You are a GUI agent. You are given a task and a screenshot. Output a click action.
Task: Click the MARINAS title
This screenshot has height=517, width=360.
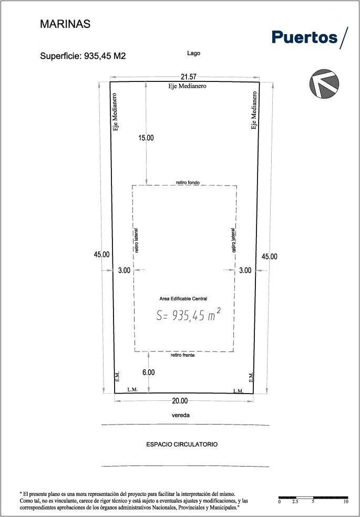coord(65,24)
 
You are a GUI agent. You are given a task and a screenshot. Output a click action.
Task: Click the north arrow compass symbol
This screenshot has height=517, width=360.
coord(324,84)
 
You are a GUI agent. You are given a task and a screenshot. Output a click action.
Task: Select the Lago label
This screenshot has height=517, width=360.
coord(193,53)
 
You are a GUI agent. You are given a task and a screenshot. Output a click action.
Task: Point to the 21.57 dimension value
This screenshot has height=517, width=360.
coord(189,77)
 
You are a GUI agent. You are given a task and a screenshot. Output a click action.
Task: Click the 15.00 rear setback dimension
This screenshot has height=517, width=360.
coord(146,138)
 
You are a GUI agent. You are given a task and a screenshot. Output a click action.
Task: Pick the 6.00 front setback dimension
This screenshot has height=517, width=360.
coord(148,373)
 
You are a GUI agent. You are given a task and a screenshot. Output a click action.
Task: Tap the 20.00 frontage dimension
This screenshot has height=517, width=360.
coord(180,401)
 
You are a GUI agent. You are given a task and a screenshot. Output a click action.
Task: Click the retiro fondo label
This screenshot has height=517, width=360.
coord(188,182)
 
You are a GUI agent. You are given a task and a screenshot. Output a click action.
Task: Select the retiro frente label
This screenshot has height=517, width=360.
coord(183,355)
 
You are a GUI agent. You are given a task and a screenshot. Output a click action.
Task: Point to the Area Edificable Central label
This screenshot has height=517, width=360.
coord(183,299)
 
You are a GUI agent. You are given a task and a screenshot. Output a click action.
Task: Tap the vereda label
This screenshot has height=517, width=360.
coord(181,415)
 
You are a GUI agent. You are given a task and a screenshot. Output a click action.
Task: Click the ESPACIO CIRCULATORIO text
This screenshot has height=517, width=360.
coord(182,444)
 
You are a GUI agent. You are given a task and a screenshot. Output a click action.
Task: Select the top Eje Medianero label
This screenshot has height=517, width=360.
coord(187,86)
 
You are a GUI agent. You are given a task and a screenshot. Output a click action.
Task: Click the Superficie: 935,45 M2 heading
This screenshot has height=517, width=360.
coord(83,56)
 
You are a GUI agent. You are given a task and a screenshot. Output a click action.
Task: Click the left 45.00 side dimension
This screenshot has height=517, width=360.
coord(101,254)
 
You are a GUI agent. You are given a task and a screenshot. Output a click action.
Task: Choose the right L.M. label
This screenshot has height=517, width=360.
coord(239,391)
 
